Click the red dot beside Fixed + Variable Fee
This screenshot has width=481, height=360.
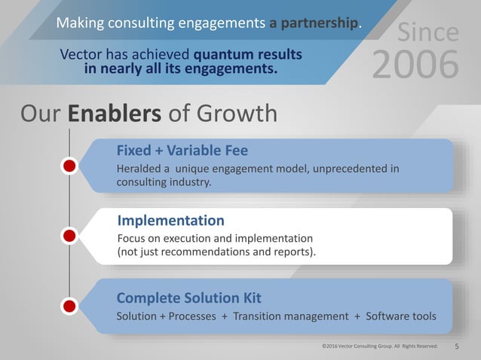click(x=69, y=166)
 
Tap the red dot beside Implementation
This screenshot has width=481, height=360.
click(x=69, y=236)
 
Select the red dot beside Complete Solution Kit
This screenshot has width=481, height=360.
click(x=69, y=306)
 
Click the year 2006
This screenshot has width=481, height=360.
click(x=415, y=65)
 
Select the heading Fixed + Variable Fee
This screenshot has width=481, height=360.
click(x=182, y=150)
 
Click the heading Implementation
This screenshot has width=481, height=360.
click(x=171, y=221)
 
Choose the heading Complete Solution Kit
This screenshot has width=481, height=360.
click(x=189, y=296)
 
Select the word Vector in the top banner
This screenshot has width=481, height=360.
click(x=82, y=54)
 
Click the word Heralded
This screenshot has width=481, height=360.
click(x=141, y=168)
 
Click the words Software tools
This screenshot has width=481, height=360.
click(x=400, y=316)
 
